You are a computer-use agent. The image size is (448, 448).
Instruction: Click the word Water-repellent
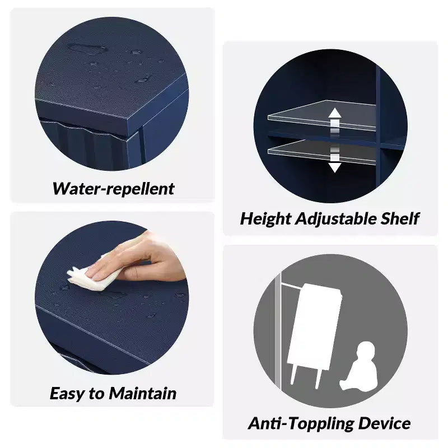tap(114, 189)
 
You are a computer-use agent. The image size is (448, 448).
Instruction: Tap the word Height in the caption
tap(265, 219)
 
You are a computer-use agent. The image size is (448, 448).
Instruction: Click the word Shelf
tap(400, 218)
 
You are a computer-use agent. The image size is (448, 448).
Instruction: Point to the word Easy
tap(67, 394)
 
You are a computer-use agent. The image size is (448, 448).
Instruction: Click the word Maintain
tap(143, 393)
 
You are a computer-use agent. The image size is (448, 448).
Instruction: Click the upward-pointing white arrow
tap(334, 122)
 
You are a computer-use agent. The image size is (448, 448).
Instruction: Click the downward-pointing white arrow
tap(334, 160)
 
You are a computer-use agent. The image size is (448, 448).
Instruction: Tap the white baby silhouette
tap(359, 366)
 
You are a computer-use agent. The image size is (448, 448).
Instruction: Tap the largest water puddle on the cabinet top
tap(87, 49)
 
